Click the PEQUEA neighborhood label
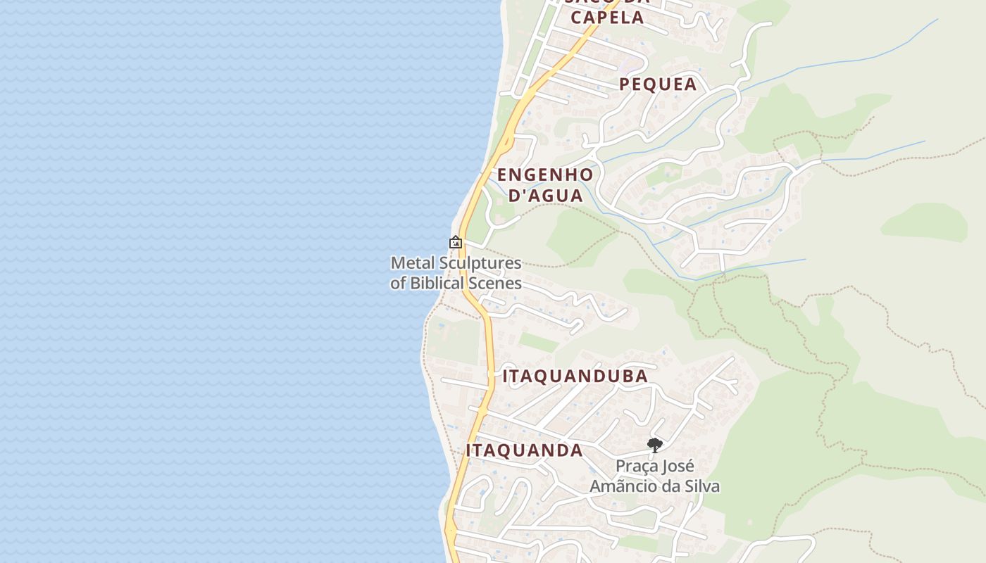click(658, 84)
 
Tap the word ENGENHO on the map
click(545, 175)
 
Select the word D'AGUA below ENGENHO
click(546, 196)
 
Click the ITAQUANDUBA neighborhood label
click(575, 376)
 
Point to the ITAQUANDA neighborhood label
click(524, 450)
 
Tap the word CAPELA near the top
click(607, 18)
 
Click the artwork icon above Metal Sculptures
click(456, 242)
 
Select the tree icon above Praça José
click(654, 445)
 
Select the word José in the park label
click(679, 466)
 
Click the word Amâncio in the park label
click(620, 486)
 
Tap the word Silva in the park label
click(699, 486)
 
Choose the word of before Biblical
click(399, 284)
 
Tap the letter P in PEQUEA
click(625, 84)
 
